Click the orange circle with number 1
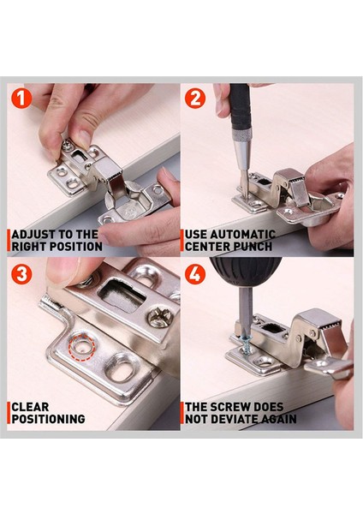pyautogui.click(x=21, y=99)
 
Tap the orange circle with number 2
pyautogui.click(x=195, y=99)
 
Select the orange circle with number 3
pyautogui.click(x=21, y=274)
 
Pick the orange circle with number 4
pyautogui.click(x=195, y=274)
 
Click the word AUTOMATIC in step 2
pyautogui.click(x=242, y=235)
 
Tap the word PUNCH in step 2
pyautogui.click(x=252, y=247)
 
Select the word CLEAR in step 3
pyautogui.click(x=30, y=407)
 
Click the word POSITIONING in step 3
pyautogui.click(x=48, y=419)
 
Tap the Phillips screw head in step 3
pyautogui.click(x=160, y=317)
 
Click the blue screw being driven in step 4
pyautogui.click(x=247, y=346)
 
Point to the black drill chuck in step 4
pyautogui.click(x=246, y=270)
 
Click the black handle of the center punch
pyautogui.click(x=241, y=106)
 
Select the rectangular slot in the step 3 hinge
pyautogui.click(x=122, y=296)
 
